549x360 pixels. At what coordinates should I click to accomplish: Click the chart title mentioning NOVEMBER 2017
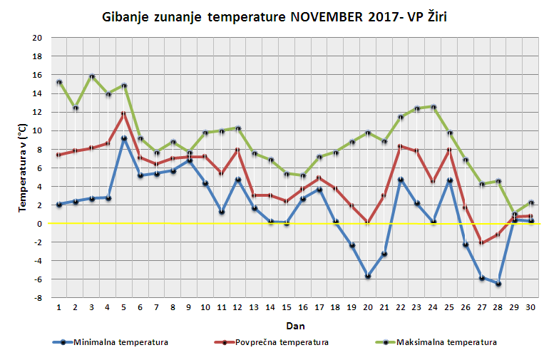click(x=274, y=16)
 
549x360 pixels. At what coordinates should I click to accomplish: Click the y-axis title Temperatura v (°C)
click(x=22, y=168)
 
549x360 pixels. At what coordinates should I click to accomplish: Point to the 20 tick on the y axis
click(x=36, y=38)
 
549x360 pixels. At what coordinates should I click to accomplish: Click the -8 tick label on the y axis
click(x=37, y=298)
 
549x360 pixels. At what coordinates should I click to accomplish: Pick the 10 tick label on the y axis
click(x=36, y=130)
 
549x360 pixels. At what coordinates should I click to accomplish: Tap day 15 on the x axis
click(x=287, y=307)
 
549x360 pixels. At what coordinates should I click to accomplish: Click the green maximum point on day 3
click(x=91, y=76)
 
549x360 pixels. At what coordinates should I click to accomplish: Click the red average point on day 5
click(x=124, y=113)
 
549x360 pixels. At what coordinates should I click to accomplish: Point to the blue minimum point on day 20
click(x=369, y=276)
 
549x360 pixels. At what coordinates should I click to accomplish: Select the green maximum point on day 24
click(x=434, y=107)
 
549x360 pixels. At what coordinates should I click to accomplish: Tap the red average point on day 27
click(x=483, y=243)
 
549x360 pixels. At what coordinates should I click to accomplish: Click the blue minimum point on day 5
click(x=124, y=138)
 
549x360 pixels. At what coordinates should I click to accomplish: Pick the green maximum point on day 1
click(x=58, y=82)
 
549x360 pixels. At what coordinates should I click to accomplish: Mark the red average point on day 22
click(x=401, y=146)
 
